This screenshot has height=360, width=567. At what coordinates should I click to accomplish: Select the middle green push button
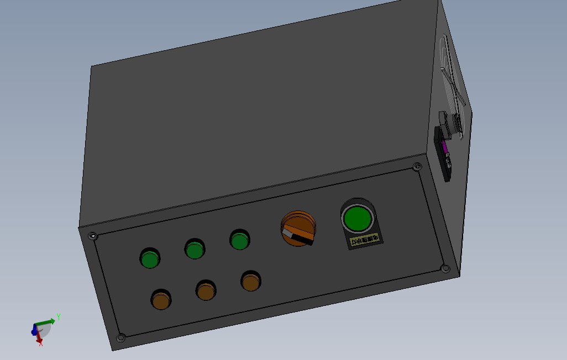point(195,250)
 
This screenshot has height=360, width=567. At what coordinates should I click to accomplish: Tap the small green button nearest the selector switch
point(239,241)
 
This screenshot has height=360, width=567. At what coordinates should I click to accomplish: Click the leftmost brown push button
point(161,301)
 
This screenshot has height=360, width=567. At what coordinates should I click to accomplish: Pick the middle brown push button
point(206,291)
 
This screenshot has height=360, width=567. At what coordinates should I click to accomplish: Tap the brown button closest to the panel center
point(250,282)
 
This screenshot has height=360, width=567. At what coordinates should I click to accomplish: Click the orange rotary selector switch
point(299,227)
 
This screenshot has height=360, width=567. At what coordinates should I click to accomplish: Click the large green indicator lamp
point(357,219)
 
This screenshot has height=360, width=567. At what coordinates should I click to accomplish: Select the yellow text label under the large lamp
point(365,240)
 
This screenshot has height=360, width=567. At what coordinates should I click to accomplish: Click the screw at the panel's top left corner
point(93,236)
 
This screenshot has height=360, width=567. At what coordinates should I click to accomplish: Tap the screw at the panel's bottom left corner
point(121,337)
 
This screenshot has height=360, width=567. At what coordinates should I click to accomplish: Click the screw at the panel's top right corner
point(417,166)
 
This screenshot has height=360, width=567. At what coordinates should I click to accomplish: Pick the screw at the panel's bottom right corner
point(445,268)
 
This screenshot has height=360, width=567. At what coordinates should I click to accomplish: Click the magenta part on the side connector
point(445,148)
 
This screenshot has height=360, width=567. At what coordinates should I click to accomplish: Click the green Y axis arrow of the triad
point(48,321)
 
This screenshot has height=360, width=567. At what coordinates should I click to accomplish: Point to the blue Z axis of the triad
point(34,330)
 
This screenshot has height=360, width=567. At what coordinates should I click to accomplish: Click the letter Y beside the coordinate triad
point(58,317)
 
